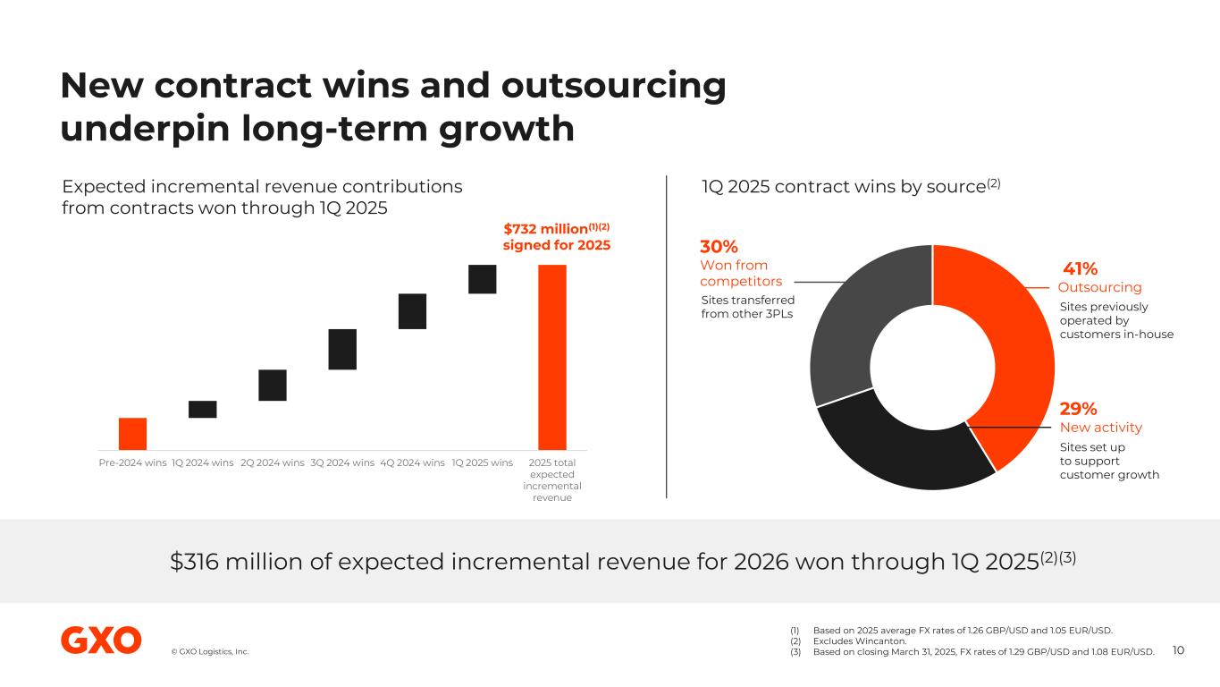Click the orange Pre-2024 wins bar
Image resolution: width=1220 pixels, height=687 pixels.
132,433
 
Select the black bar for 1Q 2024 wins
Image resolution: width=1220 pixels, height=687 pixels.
202,409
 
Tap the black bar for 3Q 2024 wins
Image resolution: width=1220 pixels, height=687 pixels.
342,349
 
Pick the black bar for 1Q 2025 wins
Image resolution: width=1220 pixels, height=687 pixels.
482,278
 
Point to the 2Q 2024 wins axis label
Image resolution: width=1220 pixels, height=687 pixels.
273,462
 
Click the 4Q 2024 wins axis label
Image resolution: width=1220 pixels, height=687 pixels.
412,462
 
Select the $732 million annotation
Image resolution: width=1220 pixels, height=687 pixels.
556,236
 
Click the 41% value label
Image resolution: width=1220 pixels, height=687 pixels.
1080,269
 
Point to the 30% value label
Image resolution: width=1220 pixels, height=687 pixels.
719,247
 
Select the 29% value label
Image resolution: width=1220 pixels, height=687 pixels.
1078,409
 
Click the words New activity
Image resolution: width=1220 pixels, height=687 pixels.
1100,428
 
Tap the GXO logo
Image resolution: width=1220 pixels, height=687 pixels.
101,640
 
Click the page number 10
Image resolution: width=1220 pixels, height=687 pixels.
1177,650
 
